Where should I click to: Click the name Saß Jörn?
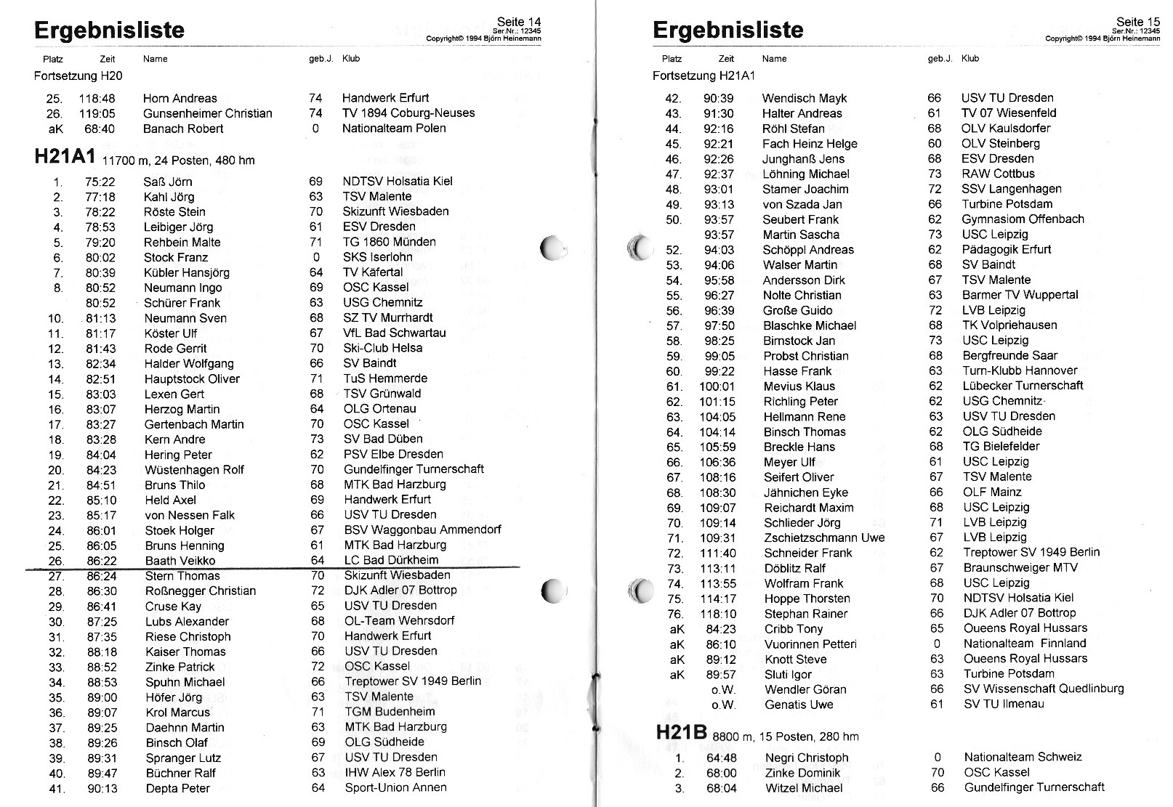[x=168, y=182]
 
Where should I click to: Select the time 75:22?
[x=100, y=182]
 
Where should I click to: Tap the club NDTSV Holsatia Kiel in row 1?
[x=397, y=181]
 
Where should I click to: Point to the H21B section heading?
[x=681, y=734]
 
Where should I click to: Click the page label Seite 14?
[x=519, y=22]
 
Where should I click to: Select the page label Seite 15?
[x=1138, y=22]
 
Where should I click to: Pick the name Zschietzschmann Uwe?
[x=824, y=538]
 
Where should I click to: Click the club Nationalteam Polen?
[x=394, y=129]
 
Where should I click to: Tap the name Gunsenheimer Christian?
[x=207, y=113]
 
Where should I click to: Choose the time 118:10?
[x=717, y=614]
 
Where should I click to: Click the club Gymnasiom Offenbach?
[x=1023, y=219]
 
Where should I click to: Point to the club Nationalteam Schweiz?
[x=1023, y=757]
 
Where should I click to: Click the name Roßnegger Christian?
[x=201, y=591]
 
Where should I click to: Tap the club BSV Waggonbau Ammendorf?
[x=422, y=530]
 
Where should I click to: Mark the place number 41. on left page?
[x=57, y=789]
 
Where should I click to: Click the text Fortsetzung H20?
[x=78, y=76]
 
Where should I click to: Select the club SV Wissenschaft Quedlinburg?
[x=1044, y=689]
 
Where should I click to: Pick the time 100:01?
[x=717, y=386]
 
